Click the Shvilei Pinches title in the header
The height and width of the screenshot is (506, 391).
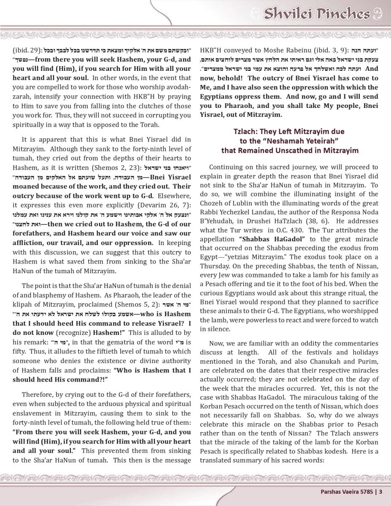coord(317,14)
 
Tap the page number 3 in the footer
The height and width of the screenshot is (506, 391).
coord(380,491)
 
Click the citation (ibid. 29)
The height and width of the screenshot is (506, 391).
coord(26,49)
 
